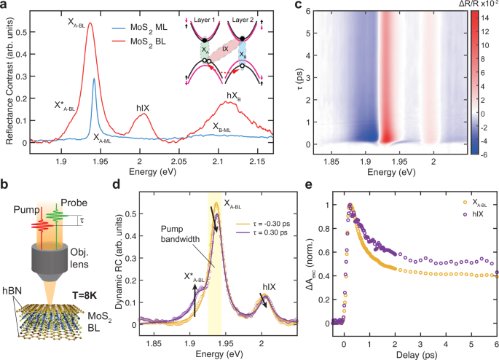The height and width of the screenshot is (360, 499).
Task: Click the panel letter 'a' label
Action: coord(5,7)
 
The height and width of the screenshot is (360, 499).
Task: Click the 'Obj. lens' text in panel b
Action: coord(101,257)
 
